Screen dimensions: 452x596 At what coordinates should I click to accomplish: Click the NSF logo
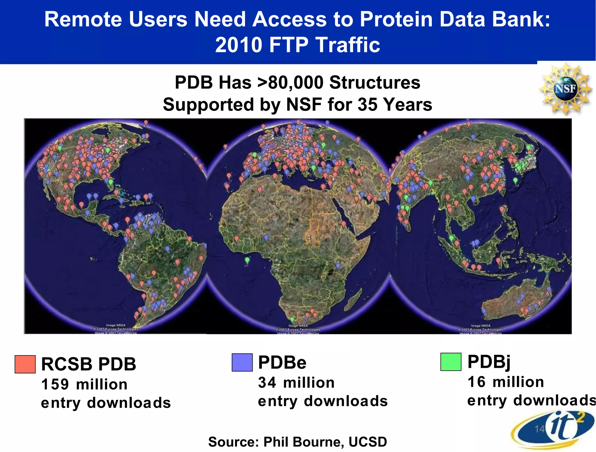(x=565, y=88)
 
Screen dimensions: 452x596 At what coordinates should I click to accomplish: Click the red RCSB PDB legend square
(x=25, y=364)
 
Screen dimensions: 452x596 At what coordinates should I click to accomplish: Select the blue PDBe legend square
(x=242, y=362)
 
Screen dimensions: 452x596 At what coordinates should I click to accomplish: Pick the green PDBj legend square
(x=450, y=362)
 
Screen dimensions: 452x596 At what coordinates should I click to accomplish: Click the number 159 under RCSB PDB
(x=55, y=384)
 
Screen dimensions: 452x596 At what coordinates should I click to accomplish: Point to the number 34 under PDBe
(x=267, y=382)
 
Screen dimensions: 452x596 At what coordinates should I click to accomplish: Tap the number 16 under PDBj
(x=476, y=382)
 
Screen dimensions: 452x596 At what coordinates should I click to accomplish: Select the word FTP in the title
(x=289, y=45)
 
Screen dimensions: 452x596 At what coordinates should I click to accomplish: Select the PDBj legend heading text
(x=489, y=362)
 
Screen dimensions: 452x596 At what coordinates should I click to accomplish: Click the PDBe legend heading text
(x=282, y=362)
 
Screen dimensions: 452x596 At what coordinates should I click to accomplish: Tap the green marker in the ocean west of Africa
(x=247, y=260)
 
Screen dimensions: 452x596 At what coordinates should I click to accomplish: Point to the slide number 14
(x=540, y=429)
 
